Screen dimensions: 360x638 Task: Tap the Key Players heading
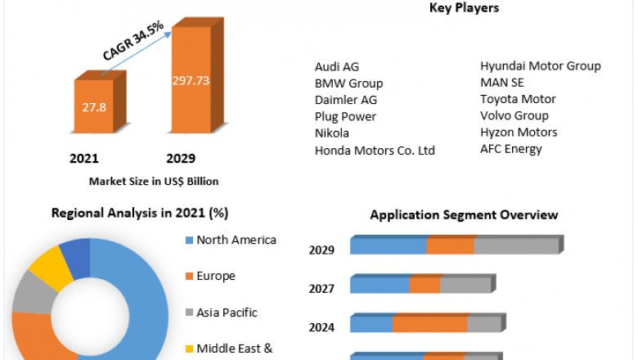tap(464, 8)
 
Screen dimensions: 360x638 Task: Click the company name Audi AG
tap(336, 67)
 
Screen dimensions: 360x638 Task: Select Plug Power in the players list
tap(345, 116)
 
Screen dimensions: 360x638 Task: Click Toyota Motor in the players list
tap(518, 99)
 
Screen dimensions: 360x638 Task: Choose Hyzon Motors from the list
tap(519, 132)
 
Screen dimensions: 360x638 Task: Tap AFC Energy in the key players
tap(510, 148)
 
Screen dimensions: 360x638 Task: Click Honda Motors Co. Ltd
tap(375, 150)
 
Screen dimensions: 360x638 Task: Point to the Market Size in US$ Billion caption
tap(153, 181)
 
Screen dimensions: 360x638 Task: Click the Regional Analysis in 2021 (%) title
tap(140, 213)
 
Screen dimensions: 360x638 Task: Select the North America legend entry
tap(236, 240)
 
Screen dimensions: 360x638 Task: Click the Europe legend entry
tap(215, 276)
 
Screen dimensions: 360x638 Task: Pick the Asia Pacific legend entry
tap(227, 313)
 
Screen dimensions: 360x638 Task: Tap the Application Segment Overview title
tap(464, 215)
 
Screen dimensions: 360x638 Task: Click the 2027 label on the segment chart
tap(321, 288)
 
